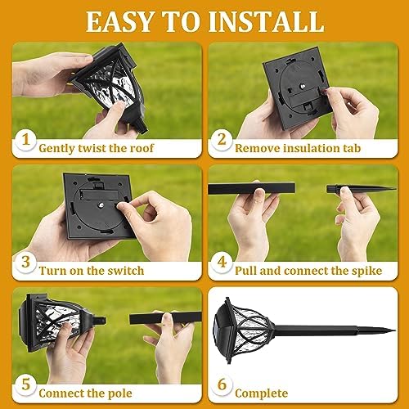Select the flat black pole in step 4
254,188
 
